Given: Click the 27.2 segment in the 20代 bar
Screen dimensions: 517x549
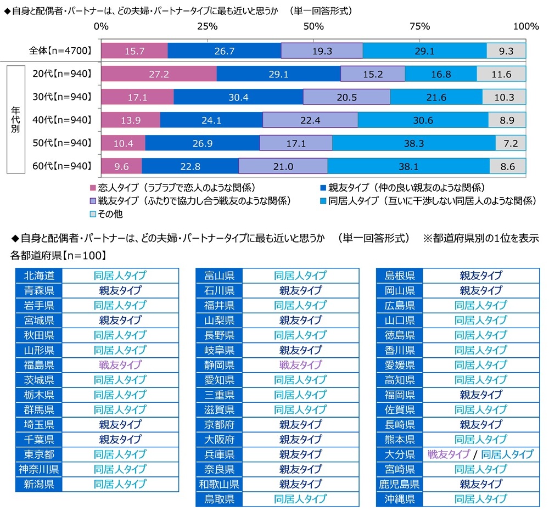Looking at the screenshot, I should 159,74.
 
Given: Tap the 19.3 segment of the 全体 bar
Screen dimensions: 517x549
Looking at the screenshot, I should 322,51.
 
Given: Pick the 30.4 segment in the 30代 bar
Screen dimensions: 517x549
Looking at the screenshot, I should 238,97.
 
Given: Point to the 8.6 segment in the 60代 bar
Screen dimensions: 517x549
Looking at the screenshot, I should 508,166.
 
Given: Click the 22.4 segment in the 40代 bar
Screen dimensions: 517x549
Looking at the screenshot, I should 310,120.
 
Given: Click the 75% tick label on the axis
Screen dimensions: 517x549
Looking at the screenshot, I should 419,26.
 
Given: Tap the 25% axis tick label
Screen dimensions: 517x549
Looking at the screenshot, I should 207,26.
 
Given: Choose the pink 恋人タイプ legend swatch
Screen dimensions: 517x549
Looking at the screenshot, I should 92,187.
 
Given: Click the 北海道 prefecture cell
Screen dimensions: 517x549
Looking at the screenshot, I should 38,276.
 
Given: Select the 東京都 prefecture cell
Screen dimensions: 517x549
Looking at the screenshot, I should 38,454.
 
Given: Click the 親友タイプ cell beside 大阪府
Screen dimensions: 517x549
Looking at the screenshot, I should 300,440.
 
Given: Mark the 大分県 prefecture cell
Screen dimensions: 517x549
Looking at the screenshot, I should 400,454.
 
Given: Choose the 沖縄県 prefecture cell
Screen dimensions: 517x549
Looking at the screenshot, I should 400,499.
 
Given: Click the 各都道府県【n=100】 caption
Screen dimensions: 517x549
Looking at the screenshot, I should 59,255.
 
